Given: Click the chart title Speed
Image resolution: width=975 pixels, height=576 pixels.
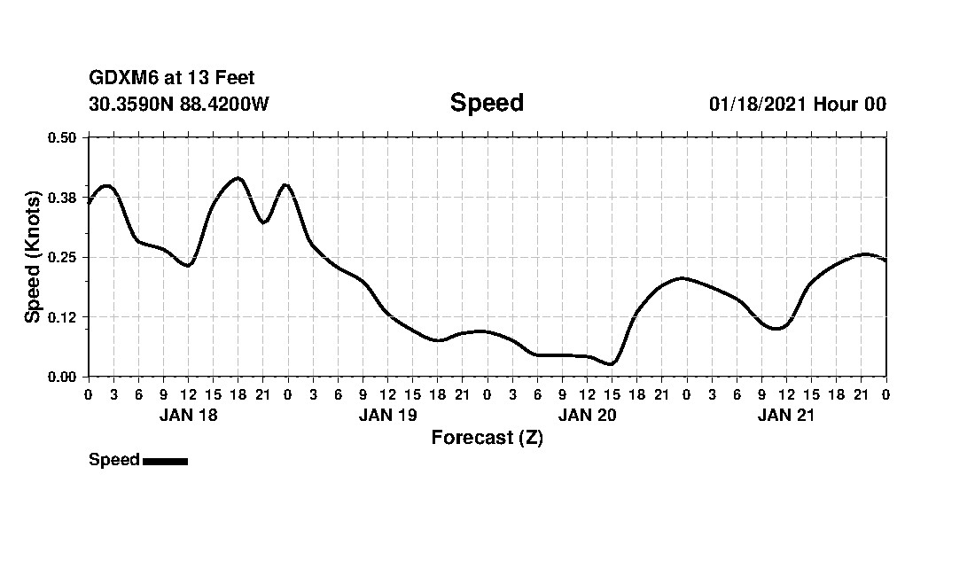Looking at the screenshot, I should tap(487, 103).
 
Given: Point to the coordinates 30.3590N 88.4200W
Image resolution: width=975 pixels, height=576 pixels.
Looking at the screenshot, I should tap(178, 104).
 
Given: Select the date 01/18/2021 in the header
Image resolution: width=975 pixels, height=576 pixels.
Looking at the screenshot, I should tap(757, 104).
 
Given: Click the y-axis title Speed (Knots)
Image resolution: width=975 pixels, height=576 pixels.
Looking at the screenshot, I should tap(33, 257).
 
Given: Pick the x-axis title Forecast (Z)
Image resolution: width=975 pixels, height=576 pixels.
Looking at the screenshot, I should tap(487, 438).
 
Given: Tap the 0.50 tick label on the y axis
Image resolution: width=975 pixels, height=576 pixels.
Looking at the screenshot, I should tap(62, 137).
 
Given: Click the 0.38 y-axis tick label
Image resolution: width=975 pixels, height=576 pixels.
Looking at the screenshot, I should tap(62, 198).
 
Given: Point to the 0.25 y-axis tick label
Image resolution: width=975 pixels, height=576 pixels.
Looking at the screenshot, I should tap(62, 257).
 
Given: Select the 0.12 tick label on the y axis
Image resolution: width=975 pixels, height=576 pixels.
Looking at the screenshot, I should tap(62, 317).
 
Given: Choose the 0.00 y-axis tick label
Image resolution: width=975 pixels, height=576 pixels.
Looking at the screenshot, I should tap(62, 377).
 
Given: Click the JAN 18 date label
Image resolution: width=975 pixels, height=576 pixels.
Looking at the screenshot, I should tap(188, 416).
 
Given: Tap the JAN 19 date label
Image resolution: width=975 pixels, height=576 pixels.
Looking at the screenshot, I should tap(387, 416).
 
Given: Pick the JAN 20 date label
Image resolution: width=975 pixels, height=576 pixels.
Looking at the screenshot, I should tap(587, 416).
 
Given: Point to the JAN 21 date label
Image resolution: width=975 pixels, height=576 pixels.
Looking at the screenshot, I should tap(786, 416).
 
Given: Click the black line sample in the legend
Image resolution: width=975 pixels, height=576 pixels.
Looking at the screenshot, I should tap(165, 461).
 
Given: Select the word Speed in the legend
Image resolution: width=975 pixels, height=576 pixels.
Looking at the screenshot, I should tap(114, 460).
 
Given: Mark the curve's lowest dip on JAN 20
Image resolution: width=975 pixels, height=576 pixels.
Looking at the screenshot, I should tap(611, 363).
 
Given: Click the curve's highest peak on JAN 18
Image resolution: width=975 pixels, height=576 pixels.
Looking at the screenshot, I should tap(237, 178).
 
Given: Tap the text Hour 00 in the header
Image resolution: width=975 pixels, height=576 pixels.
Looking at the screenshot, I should tap(850, 104).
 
